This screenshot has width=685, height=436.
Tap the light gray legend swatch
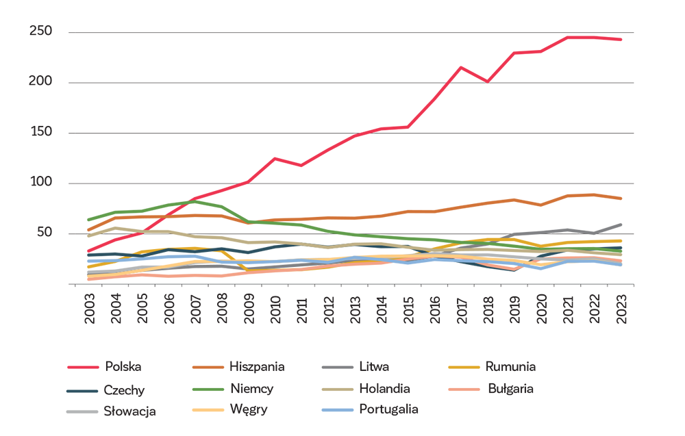click(66, 409)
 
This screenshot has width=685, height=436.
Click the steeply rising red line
click(411, 116)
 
